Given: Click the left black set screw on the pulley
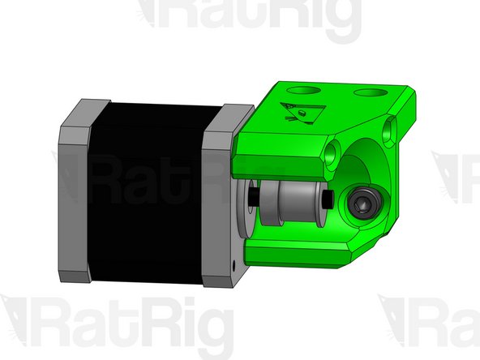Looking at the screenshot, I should [255, 198].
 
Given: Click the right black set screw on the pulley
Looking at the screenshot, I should [327, 199].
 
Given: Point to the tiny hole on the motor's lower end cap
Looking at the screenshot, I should [234, 262].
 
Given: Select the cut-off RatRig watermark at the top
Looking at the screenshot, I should [251, 20].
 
